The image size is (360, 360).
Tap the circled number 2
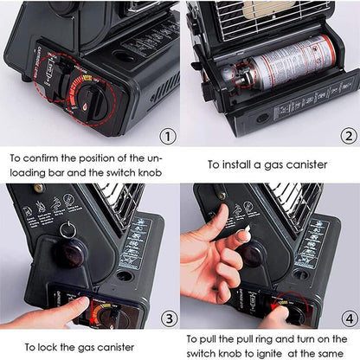click(346, 136)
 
